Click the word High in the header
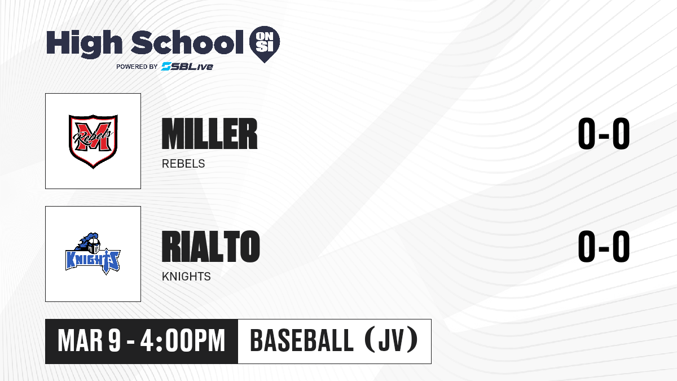tap(84, 44)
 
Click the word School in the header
tap(187, 42)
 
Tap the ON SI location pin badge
tap(265, 44)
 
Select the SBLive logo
tap(187, 67)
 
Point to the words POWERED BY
tap(137, 67)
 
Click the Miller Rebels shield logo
tap(93, 141)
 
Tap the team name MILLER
tap(209, 134)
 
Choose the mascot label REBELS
tap(183, 164)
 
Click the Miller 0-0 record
tap(604, 134)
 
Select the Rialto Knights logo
tap(93, 253)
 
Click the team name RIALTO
tap(210, 246)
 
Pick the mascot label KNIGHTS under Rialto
tap(186, 277)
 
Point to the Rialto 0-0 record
tap(604, 246)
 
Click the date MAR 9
tap(89, 341)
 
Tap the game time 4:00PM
tap(183, 341)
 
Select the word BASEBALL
tap(302, 341)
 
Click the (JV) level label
tap(392, 340)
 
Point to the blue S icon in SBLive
tap(166, 67)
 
